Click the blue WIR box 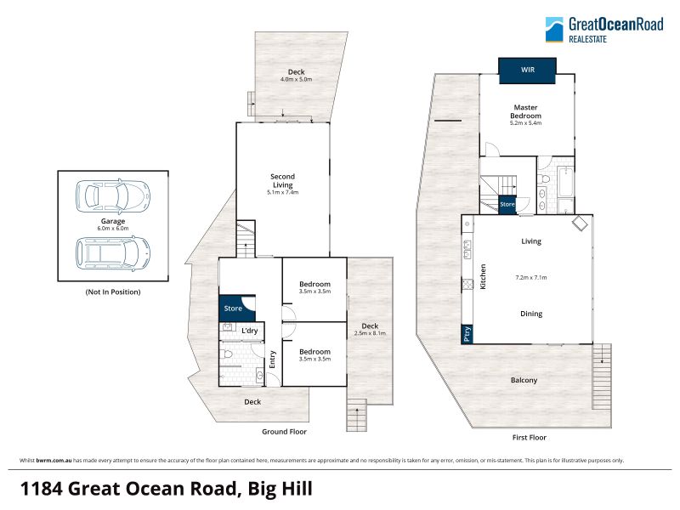click(527, 71)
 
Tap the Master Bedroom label click(525, 111)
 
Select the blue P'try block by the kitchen click(467, 334)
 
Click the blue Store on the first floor click(507, 204)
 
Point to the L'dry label click(249, 331)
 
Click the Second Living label click(282, 180)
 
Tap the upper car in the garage click(113, 196)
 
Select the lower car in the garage click(113, 253)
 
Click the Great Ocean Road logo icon click(554, 30)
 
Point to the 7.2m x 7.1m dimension click(530, 278)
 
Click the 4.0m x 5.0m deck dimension click(296, 79)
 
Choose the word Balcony click(524, 380)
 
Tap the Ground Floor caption click(284, 432)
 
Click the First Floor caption click(529, 438)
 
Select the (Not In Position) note click(113, 292)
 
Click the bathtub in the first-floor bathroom click(565, 181)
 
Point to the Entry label click(272, 360)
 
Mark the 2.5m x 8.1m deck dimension click(370, 333)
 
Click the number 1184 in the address click(42, 489)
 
